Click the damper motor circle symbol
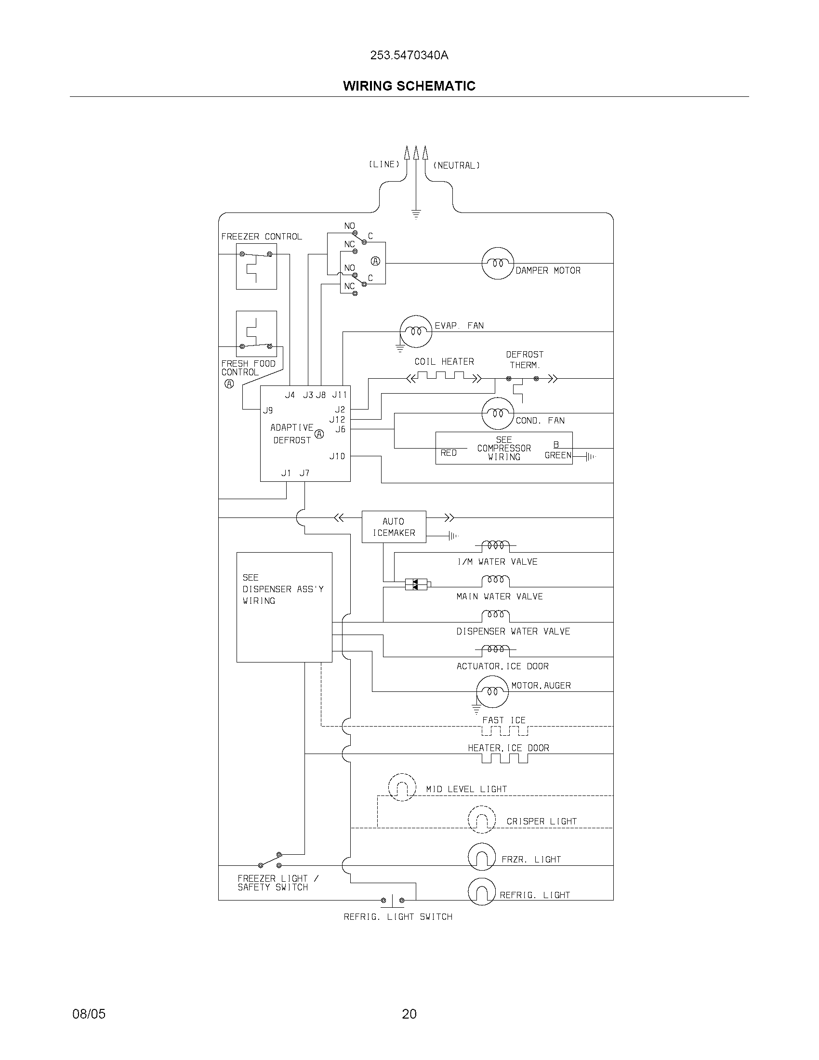(497, 264)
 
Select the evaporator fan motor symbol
(416, 331)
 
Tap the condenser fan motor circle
(497, 413)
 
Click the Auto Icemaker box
(394, 527)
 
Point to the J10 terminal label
(337, 456)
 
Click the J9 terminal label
(268, 411)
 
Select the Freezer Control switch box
(256, 266)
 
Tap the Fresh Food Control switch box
(256, 334)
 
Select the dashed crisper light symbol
(481, 820)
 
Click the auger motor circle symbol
(492, 691)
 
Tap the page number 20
(409, 1014)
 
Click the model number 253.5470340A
(409, 55)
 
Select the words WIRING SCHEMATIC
(409, 86)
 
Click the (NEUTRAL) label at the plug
(456, 165)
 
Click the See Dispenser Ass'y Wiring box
(284, 607)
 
